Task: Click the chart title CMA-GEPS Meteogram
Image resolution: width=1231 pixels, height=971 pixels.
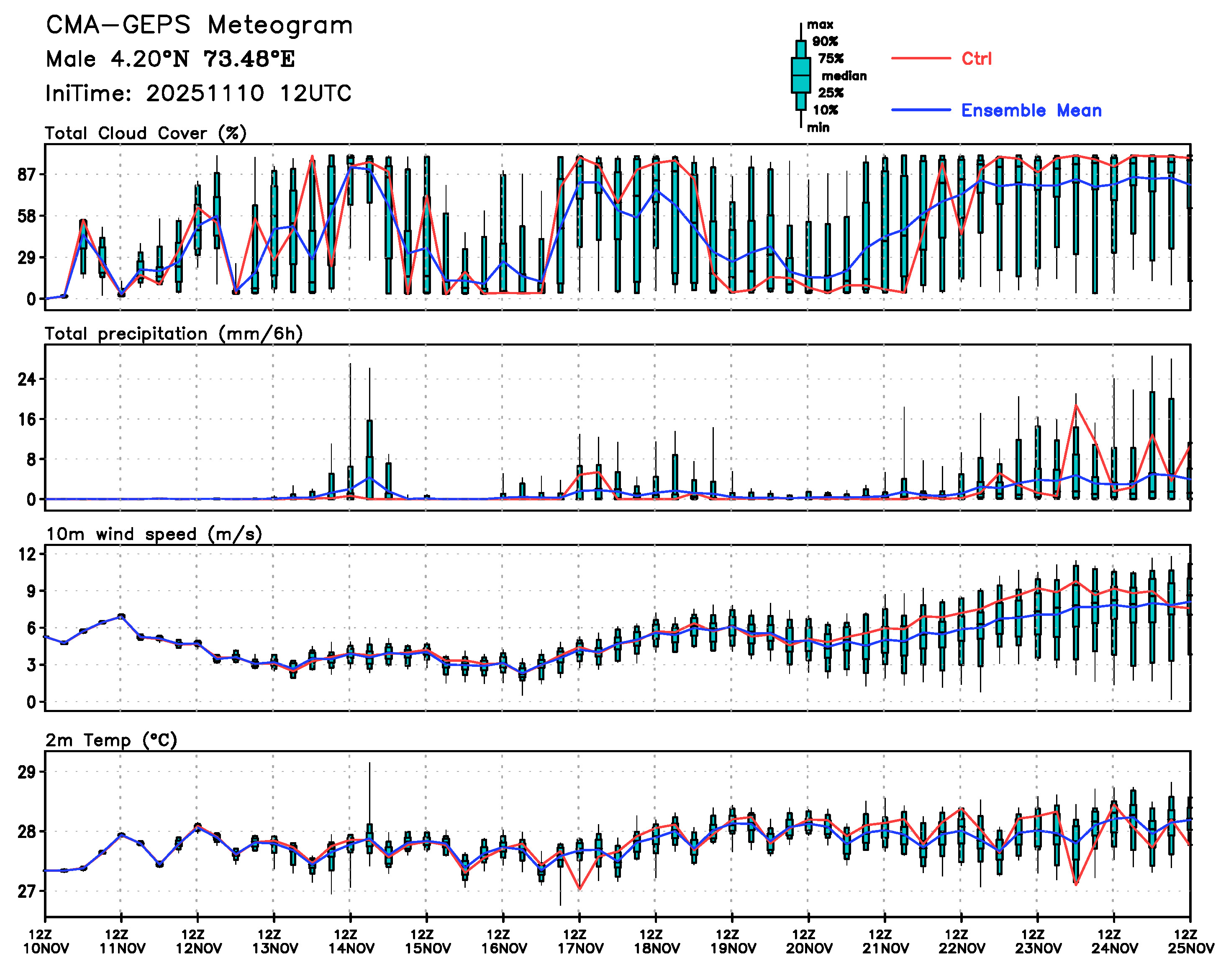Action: [199, 26]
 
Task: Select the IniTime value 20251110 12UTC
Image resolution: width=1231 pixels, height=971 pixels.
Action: [249, 93]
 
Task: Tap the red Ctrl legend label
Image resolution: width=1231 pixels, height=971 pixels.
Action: [976, 59]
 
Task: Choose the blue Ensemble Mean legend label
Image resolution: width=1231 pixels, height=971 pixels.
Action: [1031, 110]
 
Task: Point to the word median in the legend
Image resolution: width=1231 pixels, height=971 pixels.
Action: [844, 76]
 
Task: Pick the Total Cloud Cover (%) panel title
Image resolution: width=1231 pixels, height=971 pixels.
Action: [146, 133]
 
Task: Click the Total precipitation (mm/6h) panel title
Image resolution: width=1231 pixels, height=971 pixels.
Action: [173, 334]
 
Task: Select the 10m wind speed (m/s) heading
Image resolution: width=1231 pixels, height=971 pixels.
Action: [154, 534]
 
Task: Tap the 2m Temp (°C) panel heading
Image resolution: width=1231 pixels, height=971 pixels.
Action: [111, 740]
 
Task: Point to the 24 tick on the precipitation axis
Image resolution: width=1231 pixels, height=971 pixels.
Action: [27, 379]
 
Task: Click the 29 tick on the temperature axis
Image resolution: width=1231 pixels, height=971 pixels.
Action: [27, 772]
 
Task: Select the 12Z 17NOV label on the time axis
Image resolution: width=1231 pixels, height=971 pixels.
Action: [580, 941]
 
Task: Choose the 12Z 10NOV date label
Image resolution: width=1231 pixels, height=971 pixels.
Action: [46, 941]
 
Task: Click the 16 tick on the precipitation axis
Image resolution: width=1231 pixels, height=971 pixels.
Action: [27, 420]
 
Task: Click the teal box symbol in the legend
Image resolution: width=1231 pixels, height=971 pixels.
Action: [800, 75]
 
